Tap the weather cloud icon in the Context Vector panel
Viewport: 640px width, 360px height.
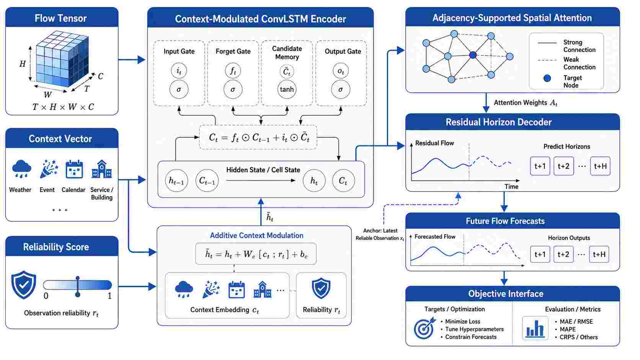(21, 169)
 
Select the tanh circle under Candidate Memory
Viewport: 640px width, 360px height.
(287, 90)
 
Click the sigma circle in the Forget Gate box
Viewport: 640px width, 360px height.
(233, 90)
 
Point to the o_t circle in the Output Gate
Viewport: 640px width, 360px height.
(341, 71)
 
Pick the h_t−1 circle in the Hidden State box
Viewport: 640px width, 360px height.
(176, 181)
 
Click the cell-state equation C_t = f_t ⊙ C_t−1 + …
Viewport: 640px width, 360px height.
(258, 137)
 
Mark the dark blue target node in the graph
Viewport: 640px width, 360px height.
(473, 55)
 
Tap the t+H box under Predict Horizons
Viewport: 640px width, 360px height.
(600, 166)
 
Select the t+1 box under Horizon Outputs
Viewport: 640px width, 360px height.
(540, 254)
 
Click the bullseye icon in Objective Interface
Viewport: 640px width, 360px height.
(424, 328)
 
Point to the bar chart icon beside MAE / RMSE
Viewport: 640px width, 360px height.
(535, 328)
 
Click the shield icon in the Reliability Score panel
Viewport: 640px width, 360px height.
(24, 285)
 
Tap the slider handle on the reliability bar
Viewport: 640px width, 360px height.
(77, 286)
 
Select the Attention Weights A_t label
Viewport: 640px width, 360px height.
(526, 103)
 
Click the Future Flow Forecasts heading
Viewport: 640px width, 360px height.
(505, 221)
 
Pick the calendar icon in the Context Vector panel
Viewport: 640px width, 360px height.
(74, 169)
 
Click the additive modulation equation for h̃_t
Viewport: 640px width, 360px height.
(256, 254)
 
